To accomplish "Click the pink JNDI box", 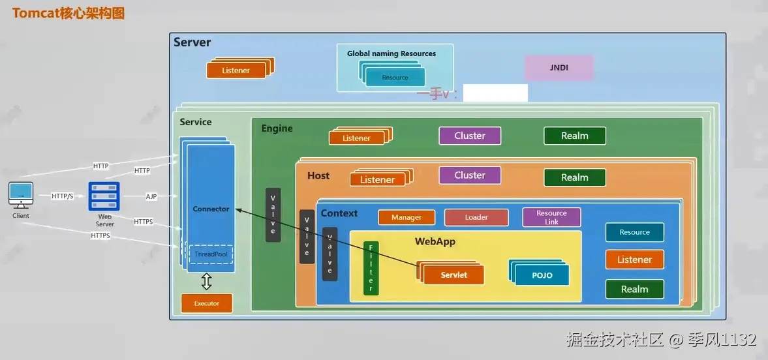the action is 559,68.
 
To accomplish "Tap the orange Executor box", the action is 207,303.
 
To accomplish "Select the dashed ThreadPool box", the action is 211,254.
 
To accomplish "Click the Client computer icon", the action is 21,195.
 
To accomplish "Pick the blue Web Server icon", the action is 104,196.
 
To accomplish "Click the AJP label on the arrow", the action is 151,196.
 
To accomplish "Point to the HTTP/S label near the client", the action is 62,196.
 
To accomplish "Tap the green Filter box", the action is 371,268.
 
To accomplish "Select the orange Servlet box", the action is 453,275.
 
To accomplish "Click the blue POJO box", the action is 542,275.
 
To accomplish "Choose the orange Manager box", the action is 407,217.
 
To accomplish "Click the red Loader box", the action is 476,217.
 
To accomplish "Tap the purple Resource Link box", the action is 551,217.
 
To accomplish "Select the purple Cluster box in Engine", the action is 470,136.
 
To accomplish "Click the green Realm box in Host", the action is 574,177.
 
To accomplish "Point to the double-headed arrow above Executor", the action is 207,282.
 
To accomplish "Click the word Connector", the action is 211,209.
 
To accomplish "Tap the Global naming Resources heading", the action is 392,53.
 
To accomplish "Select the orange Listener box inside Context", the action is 635,260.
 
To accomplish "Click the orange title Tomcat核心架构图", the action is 69,13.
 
